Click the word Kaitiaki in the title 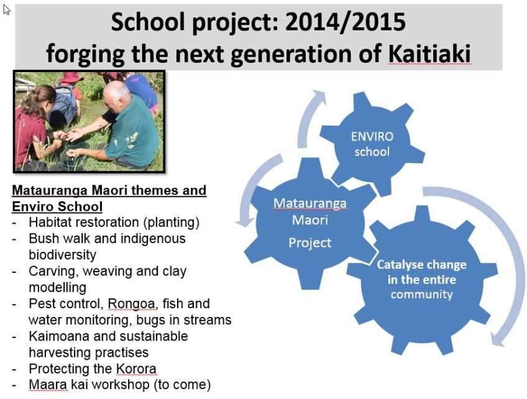(x=429, y=54)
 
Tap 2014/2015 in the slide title (x=346, y=22)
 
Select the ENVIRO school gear (x=372, y=144)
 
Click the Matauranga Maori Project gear (x=310, y=223)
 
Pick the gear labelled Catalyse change (x=422, y=280)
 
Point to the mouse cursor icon (x=6, y=10)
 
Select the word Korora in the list (x=136, y=369)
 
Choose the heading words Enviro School (x=57, y=206)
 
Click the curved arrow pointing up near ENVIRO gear (x=308, y=117)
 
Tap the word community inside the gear (x=422, y=295)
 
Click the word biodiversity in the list (x=63, y=255)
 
